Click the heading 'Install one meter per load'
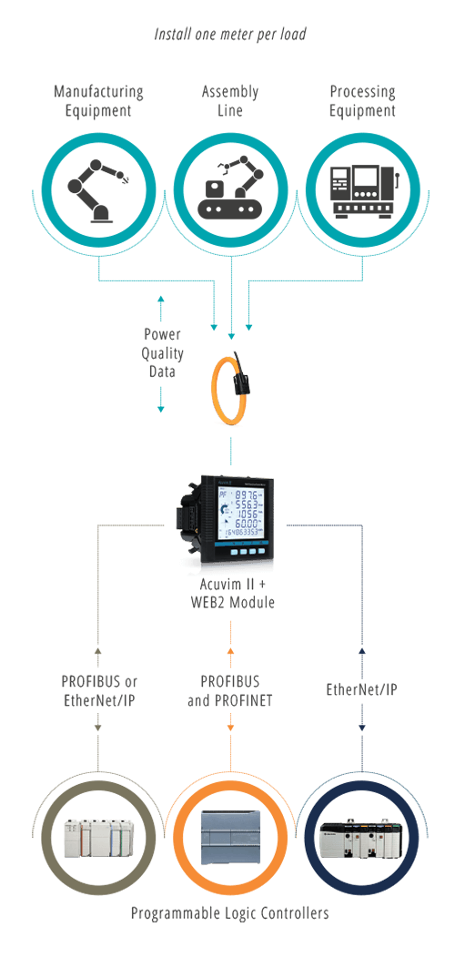(x=229, y=35)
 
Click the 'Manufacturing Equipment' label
(x=98, y=101)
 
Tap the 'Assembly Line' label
(x=230, y=101)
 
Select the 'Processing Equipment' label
(x=362, y=101)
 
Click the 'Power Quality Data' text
(x=163, y=352)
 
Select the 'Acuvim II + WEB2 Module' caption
(x=231, y=593)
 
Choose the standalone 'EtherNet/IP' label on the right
(x=361, y=690)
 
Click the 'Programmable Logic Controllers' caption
(x=229, y=912)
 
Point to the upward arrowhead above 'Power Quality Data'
(x=161, y=299)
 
